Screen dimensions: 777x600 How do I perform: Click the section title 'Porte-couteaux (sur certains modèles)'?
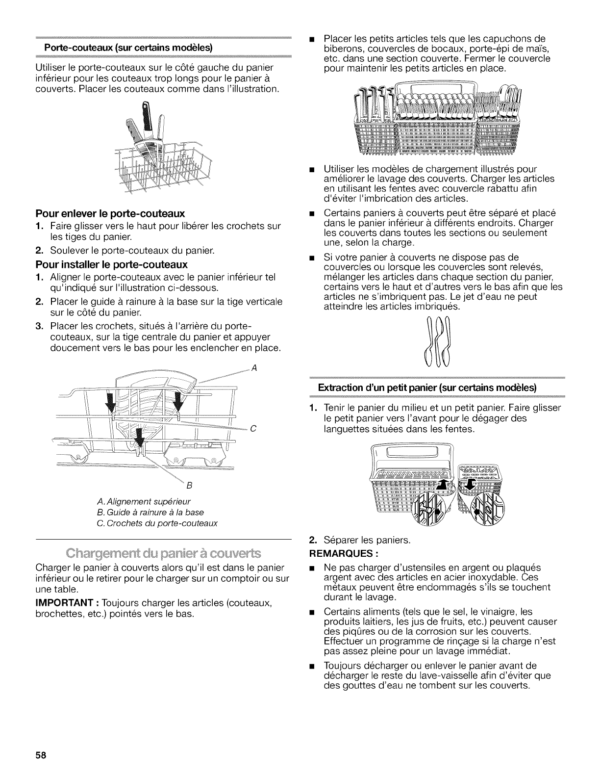[x=128, y=48]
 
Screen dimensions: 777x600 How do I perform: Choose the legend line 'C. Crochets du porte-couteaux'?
[x=157, y=523]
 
